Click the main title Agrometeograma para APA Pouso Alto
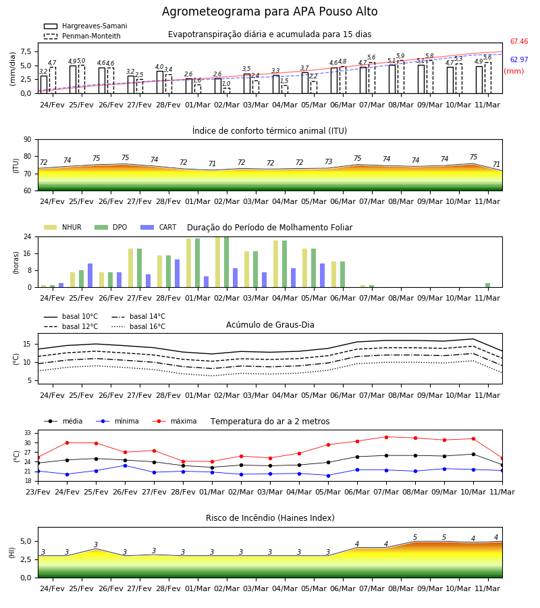tap(269, 11)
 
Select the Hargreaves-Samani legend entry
tap(86, 26)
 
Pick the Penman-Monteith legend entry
tap(82, 36)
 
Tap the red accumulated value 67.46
tap(519, 41)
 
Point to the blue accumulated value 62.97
tap(519, 59)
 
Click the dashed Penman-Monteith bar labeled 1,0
tap(227, 91)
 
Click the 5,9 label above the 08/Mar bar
tap(400, 56)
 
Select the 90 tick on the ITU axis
tap(28, 140)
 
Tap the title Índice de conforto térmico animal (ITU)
tap(269, 130)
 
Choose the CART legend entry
tap(159, 227)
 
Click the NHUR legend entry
tap(63, 227)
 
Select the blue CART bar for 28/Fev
tap(178, 274)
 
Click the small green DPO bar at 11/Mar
tap(488, 285)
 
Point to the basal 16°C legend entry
tap(138, 326)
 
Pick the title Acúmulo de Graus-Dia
tap(270, 324)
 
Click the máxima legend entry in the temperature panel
tap(174, 421)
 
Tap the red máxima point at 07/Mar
tap(386, 437)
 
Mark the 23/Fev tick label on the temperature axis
tap(38, 492)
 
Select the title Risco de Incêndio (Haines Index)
tap(270, 517)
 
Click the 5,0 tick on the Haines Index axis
tap(26, 542)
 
